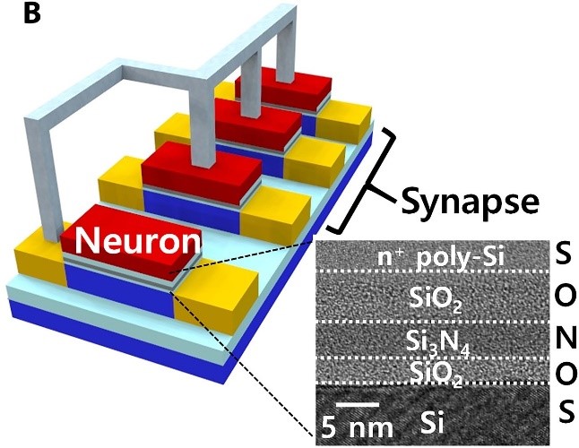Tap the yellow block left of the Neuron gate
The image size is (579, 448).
[x=34, y=260]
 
